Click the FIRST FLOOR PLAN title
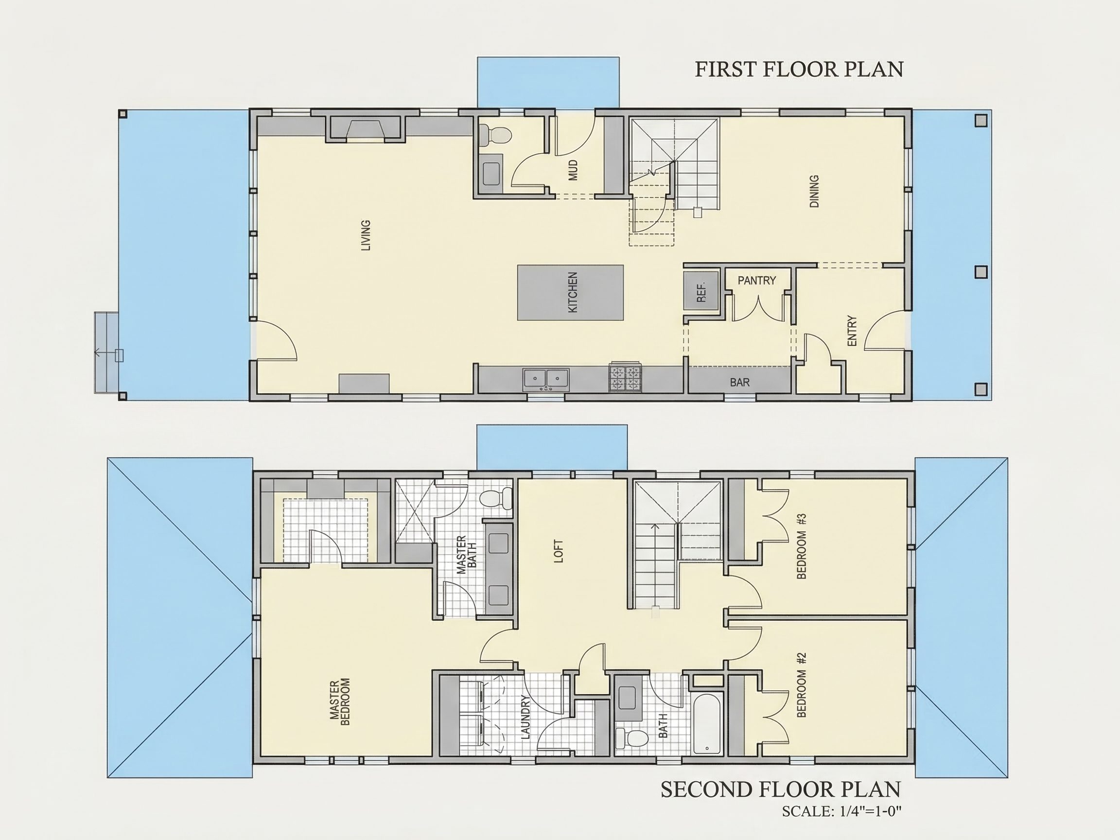pyautogui.click(x=799, y=70)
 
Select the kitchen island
pyautogui.click(x=570, y=292)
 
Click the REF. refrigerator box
pyautogui.click(x=701, y=291)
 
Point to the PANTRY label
pyautogui.click(x=756, y=280)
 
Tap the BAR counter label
pyautogui.click(x=740, y=382)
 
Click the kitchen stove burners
pyautogui.click(x=626, y=377)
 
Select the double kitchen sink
pyautogui.click(x=546, y=379)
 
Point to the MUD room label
pyautogui.click(x=573, y=170)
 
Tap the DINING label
pyautogui.click(x=814, y=192)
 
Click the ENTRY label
pyautogui.click(x=852, y=331)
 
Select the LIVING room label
pyautogui.click(x=366, y=235)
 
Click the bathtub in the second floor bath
pyautogui.click(x=707, y=725)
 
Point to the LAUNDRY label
pyautogui.click(x=525, y=717)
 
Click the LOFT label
pyautogui.click(x=559, y=551)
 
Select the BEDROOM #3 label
pyautogui.click(x=801, y=546)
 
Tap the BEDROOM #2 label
pyautogui.click(x=801, y=684)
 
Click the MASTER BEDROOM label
pyautogui.click(x=340, y=702)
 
